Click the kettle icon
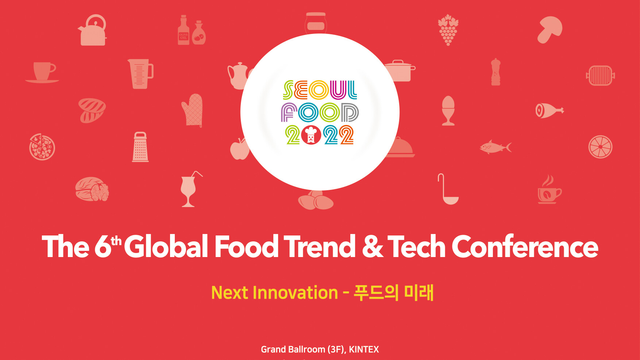[x=93, y=31]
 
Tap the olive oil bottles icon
[x=192, y=30]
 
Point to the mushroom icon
[x=550, y=30]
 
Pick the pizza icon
[x=42, y=147]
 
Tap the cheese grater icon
[x=140, y=147]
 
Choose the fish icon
[x=496, y=147]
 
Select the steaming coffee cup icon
[x=549, y=189]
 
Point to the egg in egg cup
[x=448, y=111]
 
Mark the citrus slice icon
[x=600, y=147]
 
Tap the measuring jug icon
[x=140, y=74]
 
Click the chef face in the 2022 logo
[x=311, y=135]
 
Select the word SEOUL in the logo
[x=320, y=90]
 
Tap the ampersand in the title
[x=373, y=246]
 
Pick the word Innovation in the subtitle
[x=295, y=293]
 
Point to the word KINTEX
[x=364, y=349]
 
